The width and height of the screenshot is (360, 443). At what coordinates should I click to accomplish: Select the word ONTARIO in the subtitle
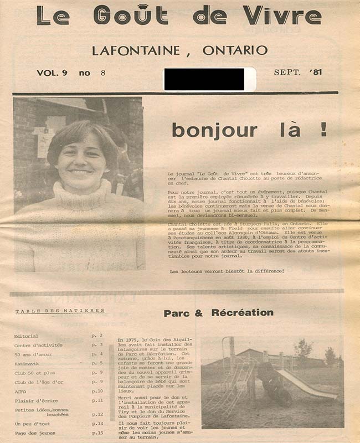(235, 50)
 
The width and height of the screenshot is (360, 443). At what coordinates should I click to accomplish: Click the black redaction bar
(209, 79)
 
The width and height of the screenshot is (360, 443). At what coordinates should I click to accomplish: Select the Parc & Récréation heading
(218, 313)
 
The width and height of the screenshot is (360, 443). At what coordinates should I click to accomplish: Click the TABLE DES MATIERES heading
(60, 311)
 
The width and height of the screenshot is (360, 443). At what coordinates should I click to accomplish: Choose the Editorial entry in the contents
(27, 336)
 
